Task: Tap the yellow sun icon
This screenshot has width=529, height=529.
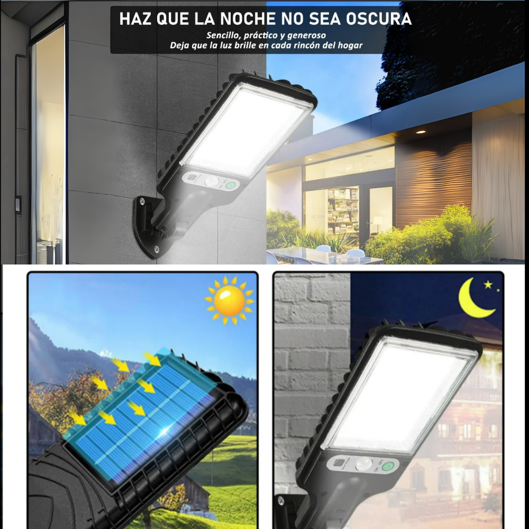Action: point(229,300)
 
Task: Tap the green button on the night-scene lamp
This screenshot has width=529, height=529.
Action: point(390,467)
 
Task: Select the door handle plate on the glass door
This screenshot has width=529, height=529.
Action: point(19,205)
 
